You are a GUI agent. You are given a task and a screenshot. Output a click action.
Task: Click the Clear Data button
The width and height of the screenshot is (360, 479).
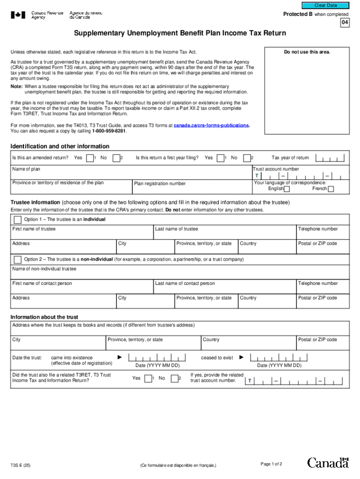[325, 5]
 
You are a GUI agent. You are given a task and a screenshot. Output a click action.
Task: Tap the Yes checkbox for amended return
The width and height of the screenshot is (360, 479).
[90, 158]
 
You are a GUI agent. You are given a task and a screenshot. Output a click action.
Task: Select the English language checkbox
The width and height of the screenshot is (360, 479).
[287, 189]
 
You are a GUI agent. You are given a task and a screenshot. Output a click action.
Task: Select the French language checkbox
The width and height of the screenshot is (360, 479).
[331, 189]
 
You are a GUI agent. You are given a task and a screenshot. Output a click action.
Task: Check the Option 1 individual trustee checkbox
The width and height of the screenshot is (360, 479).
[17, 219]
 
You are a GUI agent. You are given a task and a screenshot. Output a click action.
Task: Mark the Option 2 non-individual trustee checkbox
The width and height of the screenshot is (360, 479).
[17, 259]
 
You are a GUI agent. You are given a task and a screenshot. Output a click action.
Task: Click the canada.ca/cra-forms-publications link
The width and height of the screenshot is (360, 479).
[211, 125]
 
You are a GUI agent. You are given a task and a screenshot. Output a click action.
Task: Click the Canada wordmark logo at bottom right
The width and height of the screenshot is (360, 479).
[328, 463]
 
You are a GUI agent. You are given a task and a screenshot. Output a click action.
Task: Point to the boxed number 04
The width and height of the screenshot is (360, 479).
[344, 22]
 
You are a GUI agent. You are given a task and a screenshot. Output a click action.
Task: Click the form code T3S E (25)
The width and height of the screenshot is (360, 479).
[22, 465]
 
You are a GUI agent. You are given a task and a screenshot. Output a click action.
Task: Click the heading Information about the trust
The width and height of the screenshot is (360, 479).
[44, 317]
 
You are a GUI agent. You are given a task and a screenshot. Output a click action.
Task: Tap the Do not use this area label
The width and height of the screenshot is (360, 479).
[307, 52]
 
